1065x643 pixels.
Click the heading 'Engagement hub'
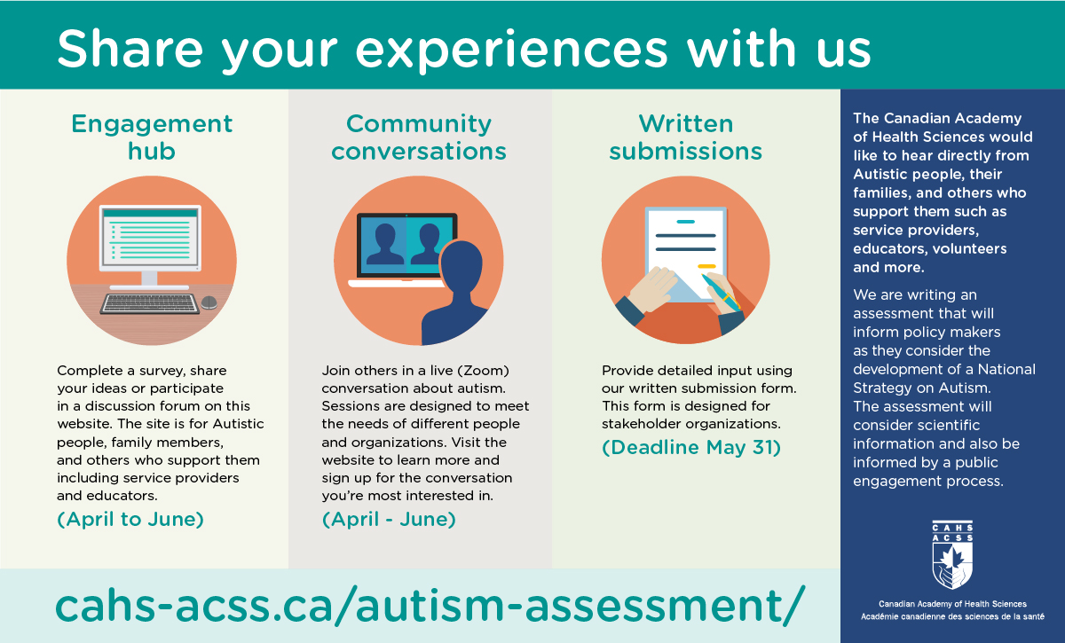pos(152,137)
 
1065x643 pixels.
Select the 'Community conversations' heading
pos(419,137)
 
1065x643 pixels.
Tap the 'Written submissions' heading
pos(685,137)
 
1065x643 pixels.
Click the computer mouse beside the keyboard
pos(209,302)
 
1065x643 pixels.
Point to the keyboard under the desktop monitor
pos(150,303)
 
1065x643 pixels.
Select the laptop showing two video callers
pos(404,250)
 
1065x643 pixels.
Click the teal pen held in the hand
pos(720,292)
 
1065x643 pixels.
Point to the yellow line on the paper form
pos(706,267)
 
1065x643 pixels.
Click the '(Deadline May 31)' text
pos(691,448)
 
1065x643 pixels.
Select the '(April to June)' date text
pos(130,520)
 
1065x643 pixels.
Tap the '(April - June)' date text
pos(389,520)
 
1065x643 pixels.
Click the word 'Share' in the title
pos(130,48)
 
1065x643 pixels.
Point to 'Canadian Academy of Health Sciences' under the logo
pos(952,604)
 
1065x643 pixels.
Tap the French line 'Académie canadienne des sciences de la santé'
pos(952,617)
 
